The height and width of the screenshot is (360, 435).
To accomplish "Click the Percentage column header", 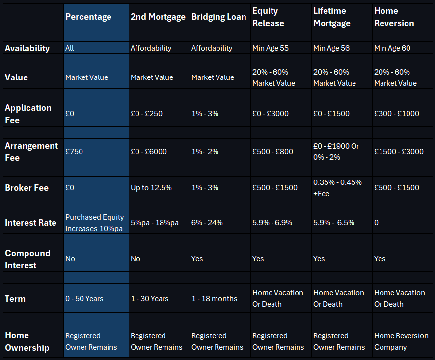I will pyautogui.click(x=88, y=17).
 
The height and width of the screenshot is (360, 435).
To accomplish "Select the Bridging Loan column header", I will pyautogui.click(x=219, y=17).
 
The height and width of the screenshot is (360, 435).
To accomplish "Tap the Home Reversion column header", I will pyautogui.click(x=394, y=17).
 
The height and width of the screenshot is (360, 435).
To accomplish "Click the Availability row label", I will pyautogui.click(x=27, y=48).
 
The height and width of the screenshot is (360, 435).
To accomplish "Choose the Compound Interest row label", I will pyautogui.click(x=28, y=259).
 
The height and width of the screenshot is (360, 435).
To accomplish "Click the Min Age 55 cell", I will pyautogui.click(x=272, y=48).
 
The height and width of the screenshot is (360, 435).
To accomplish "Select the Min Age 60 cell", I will pyautogui.click(x=392, y=48).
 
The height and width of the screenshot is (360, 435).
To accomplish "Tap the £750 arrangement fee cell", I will pyautogui.click(x=74, y=152).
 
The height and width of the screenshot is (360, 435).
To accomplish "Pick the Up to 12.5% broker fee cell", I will pyautogui.click(x=151, y=188).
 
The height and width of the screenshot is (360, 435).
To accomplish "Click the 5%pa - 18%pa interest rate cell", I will pyautogui.click(x=155, y=223).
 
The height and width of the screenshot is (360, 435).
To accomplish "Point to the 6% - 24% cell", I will pyautogui.click(x=207, y=223).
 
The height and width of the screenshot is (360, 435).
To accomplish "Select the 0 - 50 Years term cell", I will pyautogui.click(x=84, y=299).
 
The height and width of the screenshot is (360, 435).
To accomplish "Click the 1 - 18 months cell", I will pyautogui.click(x=214, y=299).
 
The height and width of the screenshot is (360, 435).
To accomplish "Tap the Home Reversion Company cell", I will pyautogui.click(x=401, y=341).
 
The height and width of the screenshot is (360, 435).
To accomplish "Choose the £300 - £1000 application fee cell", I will pyautogui.click(x=397, y=114).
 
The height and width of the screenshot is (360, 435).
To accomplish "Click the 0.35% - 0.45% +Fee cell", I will pyautogui.click(x=337, y=188).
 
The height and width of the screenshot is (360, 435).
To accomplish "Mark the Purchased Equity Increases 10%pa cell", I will pyautogui.click(x=95, y=223).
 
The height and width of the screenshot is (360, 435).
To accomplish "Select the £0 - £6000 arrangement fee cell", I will pyautogui.click(x=149, y=152).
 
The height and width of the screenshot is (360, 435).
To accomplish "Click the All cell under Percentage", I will pyautogui.click(x=70, y=48).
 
